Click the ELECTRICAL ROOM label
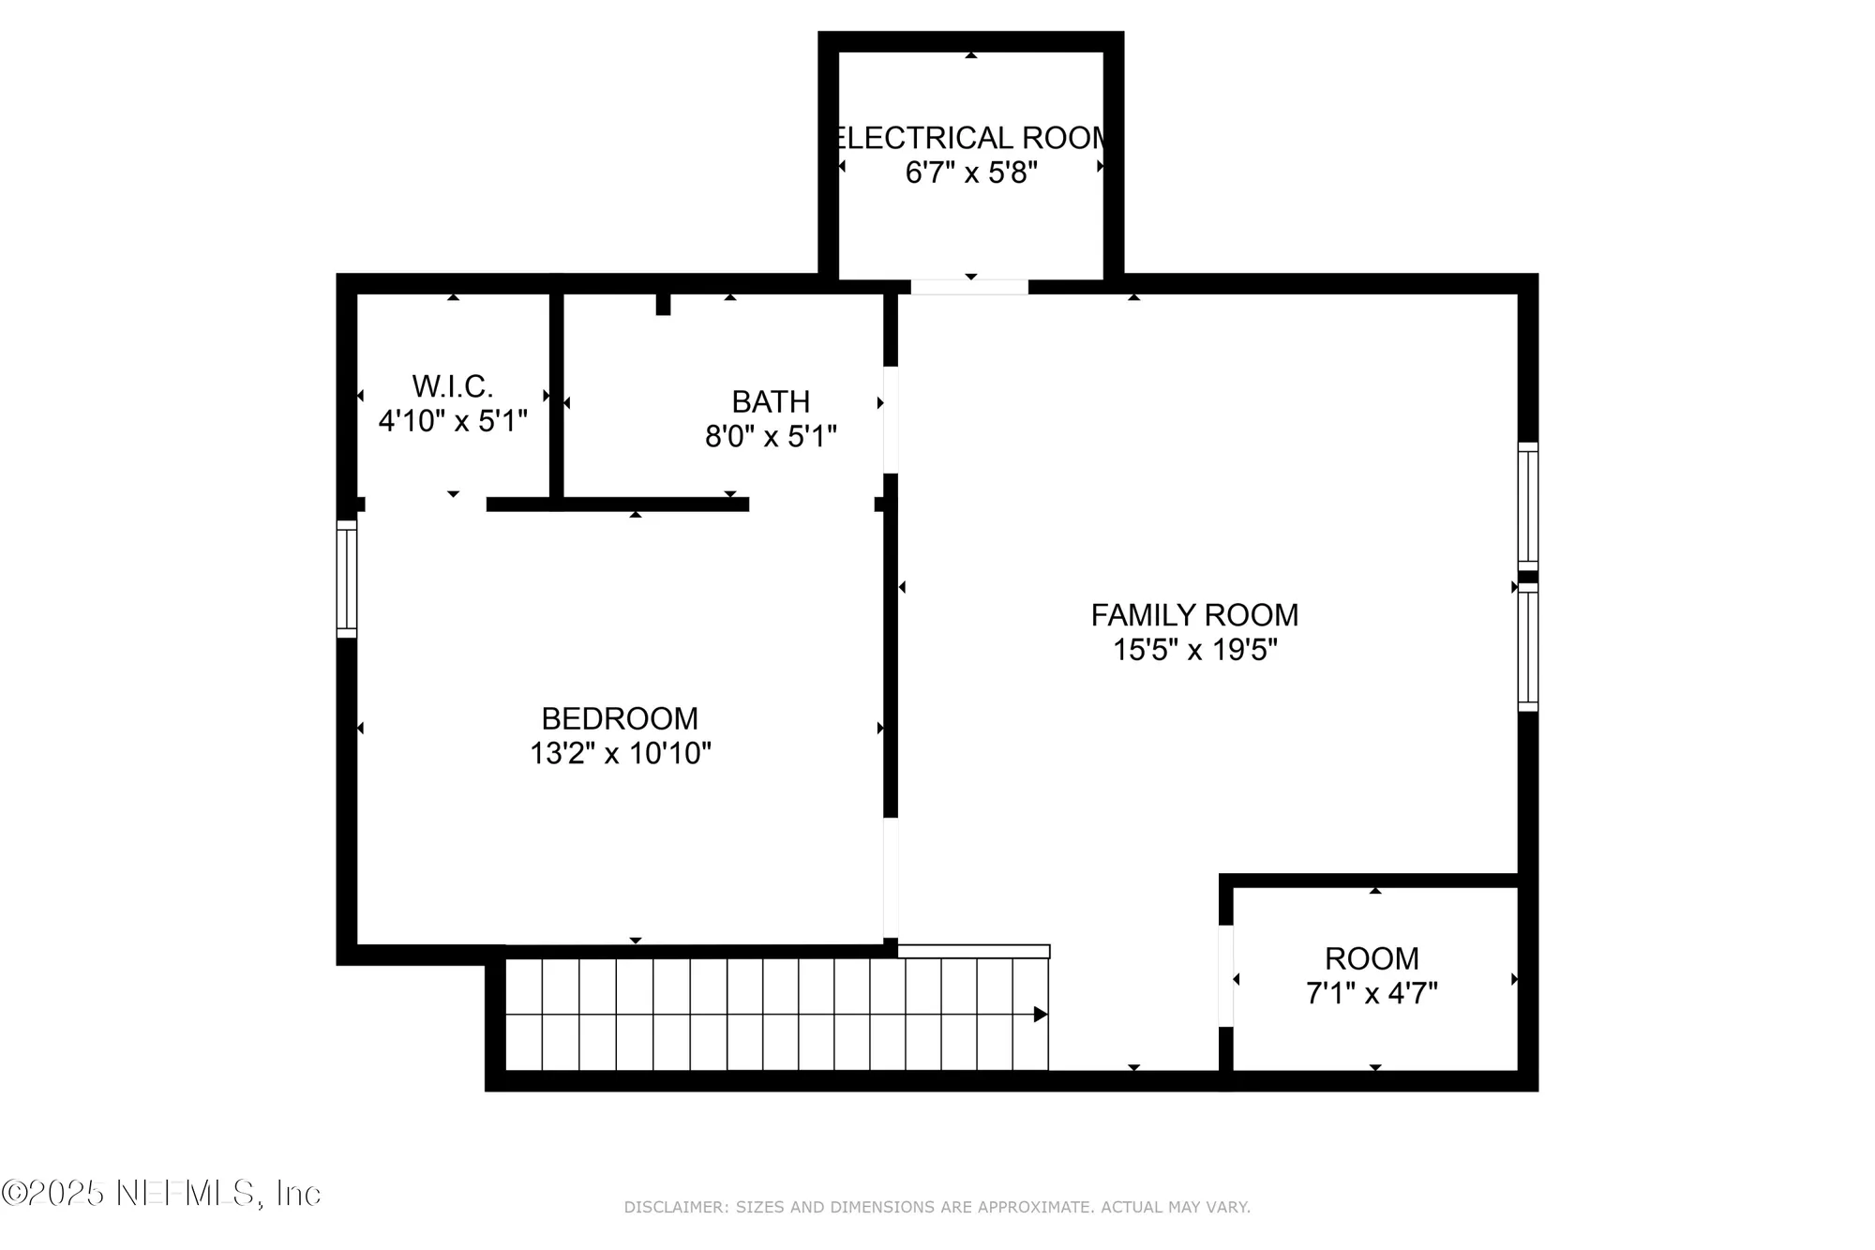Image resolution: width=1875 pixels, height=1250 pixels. (x=971, y=138)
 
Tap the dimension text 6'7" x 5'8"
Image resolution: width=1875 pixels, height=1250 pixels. (x=971, y=173)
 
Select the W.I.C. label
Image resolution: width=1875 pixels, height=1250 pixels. (x=453, y=386)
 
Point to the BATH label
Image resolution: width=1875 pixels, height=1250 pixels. (x=771, y=401)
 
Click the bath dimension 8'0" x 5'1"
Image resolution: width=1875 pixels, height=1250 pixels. (x=771, y=436)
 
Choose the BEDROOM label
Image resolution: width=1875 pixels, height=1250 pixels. (x=620, y=718)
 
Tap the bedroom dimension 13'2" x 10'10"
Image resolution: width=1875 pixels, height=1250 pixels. (x=620, y=753)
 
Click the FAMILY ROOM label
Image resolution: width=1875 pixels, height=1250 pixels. (x=1194, y=615)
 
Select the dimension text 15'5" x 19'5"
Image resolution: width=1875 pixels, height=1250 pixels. (x=1194, y=650)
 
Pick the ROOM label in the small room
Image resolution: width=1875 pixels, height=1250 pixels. (x=1372, y=958)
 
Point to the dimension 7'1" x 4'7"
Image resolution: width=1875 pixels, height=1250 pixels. (x=1372, y=993)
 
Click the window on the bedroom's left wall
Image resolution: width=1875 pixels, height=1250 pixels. (x=347, y=580)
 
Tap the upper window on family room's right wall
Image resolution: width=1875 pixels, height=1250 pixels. (x=1528, y=506)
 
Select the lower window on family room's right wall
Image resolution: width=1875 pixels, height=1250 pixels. (x=1528, y=647)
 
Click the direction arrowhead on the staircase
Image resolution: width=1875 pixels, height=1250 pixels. (x=1040, y=1015)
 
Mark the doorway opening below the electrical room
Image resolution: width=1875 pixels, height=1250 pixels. (x=969, y=287)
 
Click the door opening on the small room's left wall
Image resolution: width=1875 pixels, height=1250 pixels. (x=1225, y=975)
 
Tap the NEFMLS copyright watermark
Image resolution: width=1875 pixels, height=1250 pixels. (x=161, y=1193)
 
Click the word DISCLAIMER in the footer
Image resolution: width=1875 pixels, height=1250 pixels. (x=675, y=1208)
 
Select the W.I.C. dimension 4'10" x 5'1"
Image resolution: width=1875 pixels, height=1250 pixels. (x=453, y=421)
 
